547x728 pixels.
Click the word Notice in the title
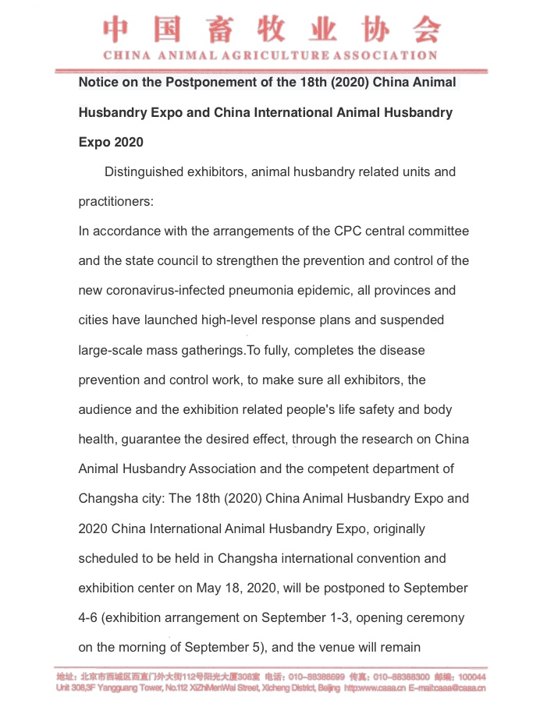[x=98, y=83]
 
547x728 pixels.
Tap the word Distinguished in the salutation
[x=144, y=171]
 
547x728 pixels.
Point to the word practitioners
[x=115, y=201]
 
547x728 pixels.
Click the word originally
[x=389, y=528]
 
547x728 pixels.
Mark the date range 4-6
[x=88, y=617]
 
